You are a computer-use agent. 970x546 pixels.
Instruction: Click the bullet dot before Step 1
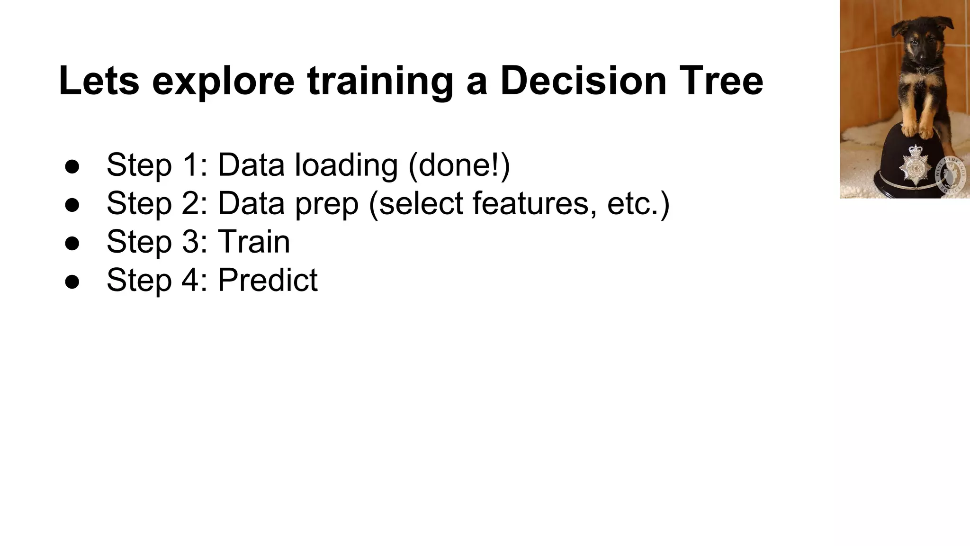coord(72,166)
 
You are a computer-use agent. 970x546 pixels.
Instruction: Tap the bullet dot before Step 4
coord(72,282)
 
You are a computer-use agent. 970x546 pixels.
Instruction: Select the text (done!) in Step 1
coord(458,165)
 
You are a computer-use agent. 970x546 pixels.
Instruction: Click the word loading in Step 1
coord(346,165)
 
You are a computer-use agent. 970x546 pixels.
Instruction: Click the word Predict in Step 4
coord(268,280)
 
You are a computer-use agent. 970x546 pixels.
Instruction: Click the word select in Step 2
coord(422,203)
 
